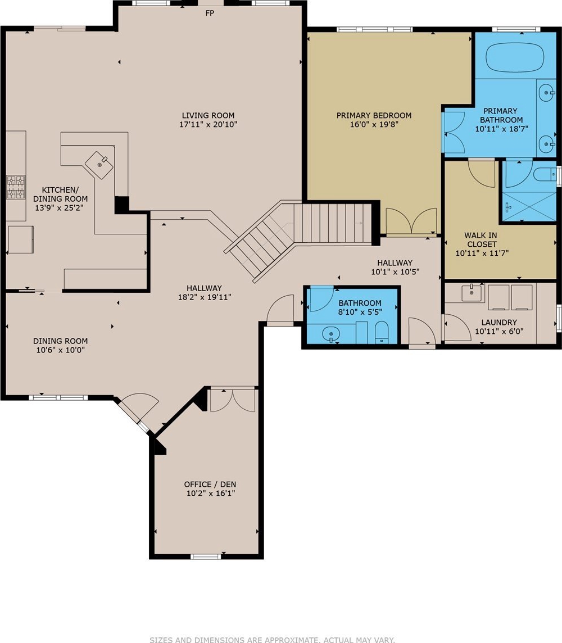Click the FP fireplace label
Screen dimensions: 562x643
pyautogui.click(x=210, y=13)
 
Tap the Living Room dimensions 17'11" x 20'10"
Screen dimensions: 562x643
pyautogui.click(x=209, y=124)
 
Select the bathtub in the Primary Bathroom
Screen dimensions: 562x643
pyautogui.click(x=515, y=58)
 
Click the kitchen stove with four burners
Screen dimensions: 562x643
pyautogui.click(x=16, y=187)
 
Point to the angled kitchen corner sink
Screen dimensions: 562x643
pyautogui.click(x=99, y=165)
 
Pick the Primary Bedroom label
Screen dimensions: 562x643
pyautogui.click(x=374, y=116)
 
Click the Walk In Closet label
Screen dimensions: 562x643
pyautogui.click(x=481, y=239)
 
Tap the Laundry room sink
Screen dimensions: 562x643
pyautogui.click(x=472, y=293)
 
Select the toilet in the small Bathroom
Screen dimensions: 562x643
pyautogui.click(x=382, y=332)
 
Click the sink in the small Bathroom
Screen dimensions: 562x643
pyautogui.click(x=331, y=334)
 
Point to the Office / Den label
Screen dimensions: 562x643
pyautogui.click(x=210, y=484)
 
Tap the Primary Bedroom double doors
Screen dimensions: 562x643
pyautogui.click(x=411, y=221)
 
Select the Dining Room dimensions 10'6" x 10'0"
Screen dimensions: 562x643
pyautogui.click(x=61, y=350)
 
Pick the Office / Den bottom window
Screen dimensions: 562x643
pyautogui.click(x=206, y=556)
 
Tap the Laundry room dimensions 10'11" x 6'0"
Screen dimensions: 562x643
pyautogui.click(x=499, y=332)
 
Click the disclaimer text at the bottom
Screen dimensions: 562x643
pyautogui.click(x=272, y=639)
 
